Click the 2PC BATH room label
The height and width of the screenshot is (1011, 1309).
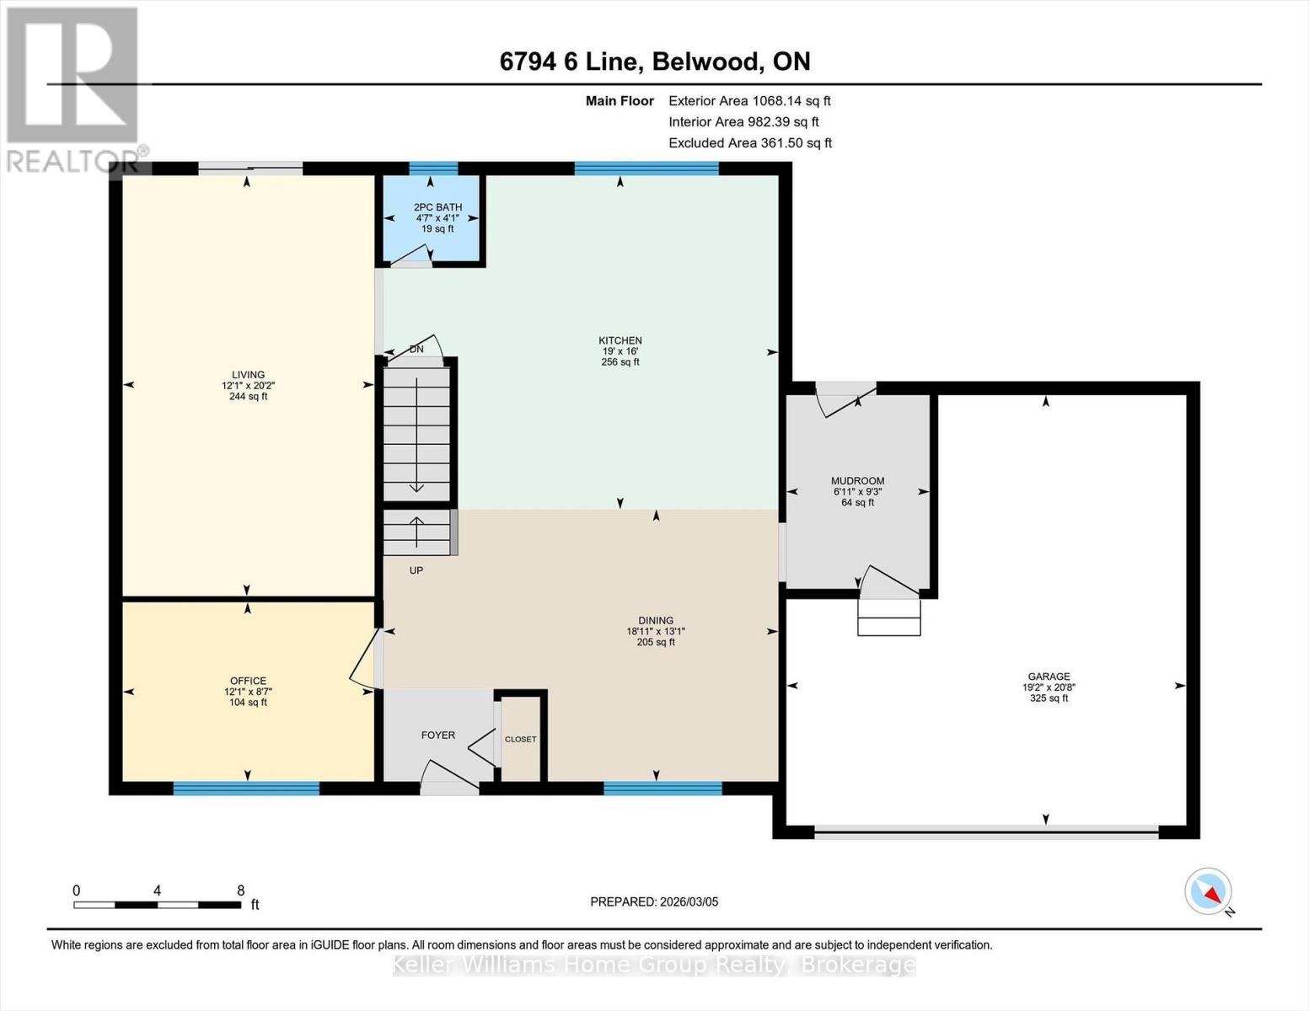(x=437, y=207)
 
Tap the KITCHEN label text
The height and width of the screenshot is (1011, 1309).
(x=620, y=340)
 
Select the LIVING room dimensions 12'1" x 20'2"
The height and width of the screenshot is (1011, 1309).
(x=248, y=386)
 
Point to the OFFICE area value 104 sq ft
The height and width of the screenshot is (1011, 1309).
(x=248, y=703)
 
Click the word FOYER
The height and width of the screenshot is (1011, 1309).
(x=437, y=736)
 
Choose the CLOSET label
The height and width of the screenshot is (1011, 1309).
(x=520, y=740)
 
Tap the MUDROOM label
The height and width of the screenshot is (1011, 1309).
(x=857, y=481)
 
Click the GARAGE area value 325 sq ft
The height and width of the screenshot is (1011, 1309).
(x=1049, y=698)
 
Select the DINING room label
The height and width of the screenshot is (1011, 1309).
(x=655, y=620)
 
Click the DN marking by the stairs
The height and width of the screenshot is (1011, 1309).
(x=416, y=350)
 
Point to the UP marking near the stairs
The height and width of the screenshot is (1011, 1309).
(x=416, y=570)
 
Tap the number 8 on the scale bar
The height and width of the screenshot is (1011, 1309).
(x=241, y=891)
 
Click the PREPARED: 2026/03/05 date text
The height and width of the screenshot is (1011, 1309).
(x=654, y=901)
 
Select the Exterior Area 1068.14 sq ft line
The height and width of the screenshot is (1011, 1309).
(x=749, y=100)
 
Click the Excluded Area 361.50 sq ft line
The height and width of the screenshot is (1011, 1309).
(x=749, y=143)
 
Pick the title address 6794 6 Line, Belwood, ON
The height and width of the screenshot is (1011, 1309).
(x=655, y=62)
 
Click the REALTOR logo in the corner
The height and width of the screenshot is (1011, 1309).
(x=74, y=88)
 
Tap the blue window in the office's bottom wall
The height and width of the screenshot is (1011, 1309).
(x=246, y=789)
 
